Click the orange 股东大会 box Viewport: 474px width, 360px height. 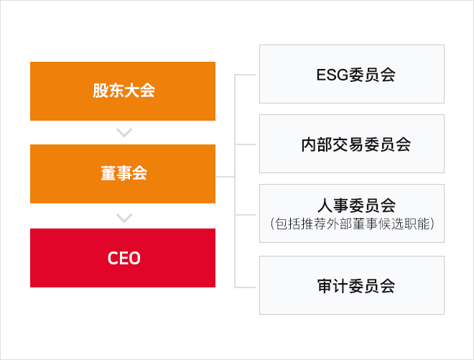[x=123, y=91]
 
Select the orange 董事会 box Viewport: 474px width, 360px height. [x=123, y=174]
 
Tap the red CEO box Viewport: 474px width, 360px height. [x=123, y=258]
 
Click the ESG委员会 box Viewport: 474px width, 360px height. [x=352, y=74]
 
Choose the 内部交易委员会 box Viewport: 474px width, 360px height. [x=352, y=144]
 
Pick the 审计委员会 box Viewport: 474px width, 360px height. [x=352, y=285]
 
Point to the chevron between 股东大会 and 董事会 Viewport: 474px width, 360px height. [x=124, y=132]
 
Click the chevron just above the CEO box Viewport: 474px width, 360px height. [x=124, y=218]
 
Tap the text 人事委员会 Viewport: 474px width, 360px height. [x=356, y=206]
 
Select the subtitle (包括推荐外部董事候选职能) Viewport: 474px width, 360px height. [x=352, y=224]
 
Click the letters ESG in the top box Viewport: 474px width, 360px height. [x=333, y=75]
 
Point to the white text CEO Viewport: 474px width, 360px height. [x=124, y=258]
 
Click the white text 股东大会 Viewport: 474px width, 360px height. [x=124, y=91]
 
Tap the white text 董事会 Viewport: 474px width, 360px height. [x=124, y=173]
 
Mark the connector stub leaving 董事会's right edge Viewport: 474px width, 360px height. [x=226, y=176]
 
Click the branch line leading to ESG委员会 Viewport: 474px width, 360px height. [x=245, y=75]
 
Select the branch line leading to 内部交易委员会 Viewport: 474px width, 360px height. [x=245, y=144]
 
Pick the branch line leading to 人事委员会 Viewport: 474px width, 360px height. [x=245, y=215]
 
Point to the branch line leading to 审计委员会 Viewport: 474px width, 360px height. [x=245, y=287]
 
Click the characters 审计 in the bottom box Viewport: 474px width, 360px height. [x=333, y=286]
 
